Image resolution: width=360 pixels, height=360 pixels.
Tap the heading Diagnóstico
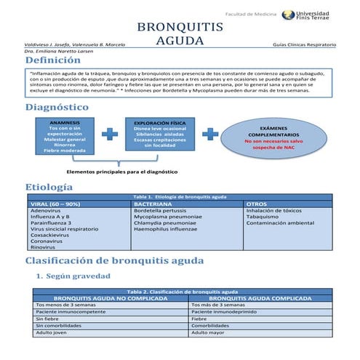click(57, 107)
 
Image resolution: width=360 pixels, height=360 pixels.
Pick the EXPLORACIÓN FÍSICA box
click(157, 135)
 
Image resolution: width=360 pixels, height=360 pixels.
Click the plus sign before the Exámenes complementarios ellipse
click(210, 135)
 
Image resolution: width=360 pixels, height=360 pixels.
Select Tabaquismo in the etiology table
click(267, 216)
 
